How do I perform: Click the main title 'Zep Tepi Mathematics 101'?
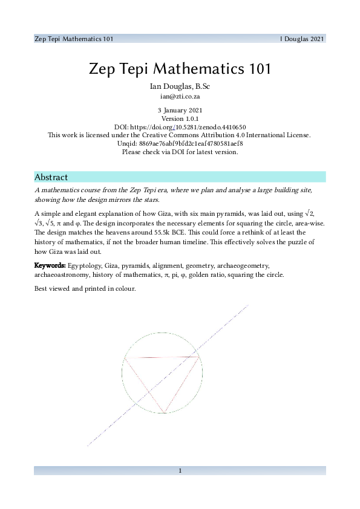point(180,68)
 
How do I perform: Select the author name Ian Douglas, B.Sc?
point(180,86)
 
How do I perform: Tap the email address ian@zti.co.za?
point(180,96)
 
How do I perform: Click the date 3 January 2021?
point(180,111)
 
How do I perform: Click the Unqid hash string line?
point(180,144)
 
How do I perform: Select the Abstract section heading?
point(51,177)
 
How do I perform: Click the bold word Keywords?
point(50,265)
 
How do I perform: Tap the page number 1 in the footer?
point(180,470)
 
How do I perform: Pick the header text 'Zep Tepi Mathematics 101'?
point(73,39)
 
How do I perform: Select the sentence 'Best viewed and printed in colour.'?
point(85,288)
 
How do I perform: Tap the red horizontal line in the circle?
point(162,357)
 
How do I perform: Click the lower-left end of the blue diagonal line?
point(88,446)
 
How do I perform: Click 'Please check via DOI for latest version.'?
point(180,152)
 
